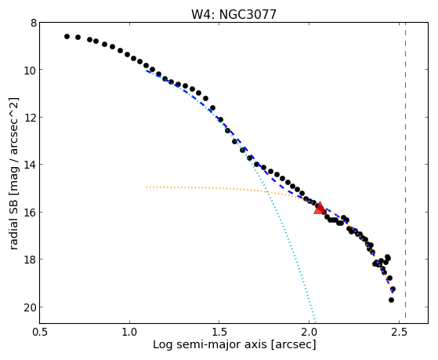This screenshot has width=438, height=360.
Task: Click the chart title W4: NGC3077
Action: click(x=233, y=14)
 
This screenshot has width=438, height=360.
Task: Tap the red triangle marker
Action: click(x=320, y=208)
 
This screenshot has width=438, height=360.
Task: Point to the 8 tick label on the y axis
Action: click(x=34, y=23)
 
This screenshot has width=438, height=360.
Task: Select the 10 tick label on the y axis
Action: click(x=31, y=70)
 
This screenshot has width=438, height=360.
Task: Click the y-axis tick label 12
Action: click(x=31, y=117)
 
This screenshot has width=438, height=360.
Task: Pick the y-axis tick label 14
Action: click(x=31, y=165)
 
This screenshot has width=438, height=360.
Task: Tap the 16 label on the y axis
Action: click(x=31, y=212)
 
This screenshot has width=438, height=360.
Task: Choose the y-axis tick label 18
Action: click(x=31, y=260)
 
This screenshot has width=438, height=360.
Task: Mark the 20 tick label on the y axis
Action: click(x=31, y=307)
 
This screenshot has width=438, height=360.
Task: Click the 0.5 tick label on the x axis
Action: click(x=40, y=332)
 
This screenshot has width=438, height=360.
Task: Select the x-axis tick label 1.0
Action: click(x=129, y=332)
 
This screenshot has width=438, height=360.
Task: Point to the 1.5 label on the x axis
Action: click(x=219, y=332)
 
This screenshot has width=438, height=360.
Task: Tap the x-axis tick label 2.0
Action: click(x=309, y=332)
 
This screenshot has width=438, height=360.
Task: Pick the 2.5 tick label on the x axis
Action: click(x=400, y=332)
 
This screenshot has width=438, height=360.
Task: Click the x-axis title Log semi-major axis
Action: click(x=210, y=344)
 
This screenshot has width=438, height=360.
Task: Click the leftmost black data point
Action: click(x=67, y=36)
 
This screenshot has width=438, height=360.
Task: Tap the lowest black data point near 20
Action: click(x=391, y=300)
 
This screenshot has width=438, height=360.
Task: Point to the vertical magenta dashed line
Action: click(x=405, y=170)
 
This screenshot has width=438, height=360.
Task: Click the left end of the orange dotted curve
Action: click(x=147, y=187)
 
